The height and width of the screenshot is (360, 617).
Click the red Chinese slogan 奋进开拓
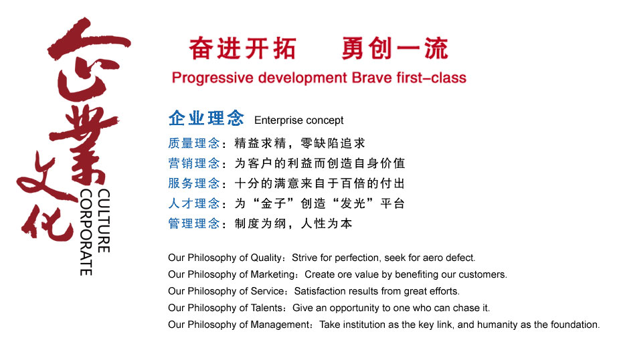[x=242, y=48]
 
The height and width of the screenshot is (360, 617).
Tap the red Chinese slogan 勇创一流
[x=395, y=48]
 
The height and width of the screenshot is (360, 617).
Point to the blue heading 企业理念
[x=206, y=119]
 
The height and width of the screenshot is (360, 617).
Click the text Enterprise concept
[x=299, y=120]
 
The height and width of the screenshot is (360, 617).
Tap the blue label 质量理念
[x=193, y=143]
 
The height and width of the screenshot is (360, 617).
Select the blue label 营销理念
[x=193, y=163]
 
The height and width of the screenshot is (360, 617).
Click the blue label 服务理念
[x=193, y=183]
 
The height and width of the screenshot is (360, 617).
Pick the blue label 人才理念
[x=193, y=203]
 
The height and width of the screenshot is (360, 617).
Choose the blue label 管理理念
[x=193, y=223]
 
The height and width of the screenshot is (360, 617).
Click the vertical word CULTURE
[x=104, y=221]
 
